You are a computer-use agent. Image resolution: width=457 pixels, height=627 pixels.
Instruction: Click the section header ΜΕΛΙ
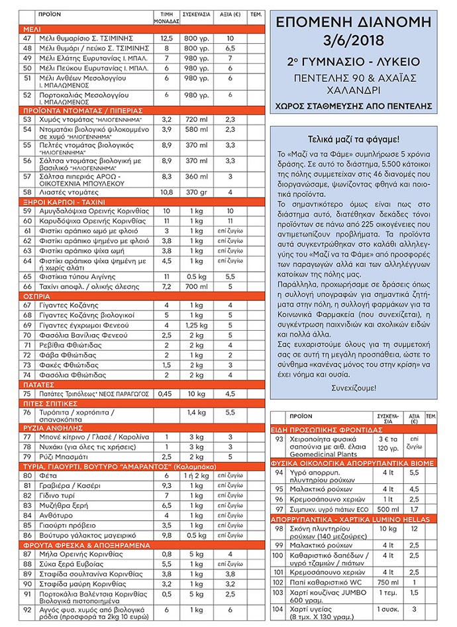coord(31,30)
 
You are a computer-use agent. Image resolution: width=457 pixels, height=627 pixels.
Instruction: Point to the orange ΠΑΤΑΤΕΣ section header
coord(42,383)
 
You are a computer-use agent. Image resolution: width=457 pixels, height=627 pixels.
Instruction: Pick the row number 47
coord(27,38)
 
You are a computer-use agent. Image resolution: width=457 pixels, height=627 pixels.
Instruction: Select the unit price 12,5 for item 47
coord(167,38)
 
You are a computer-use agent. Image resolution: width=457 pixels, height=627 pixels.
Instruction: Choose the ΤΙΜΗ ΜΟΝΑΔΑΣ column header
coord(167,16)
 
